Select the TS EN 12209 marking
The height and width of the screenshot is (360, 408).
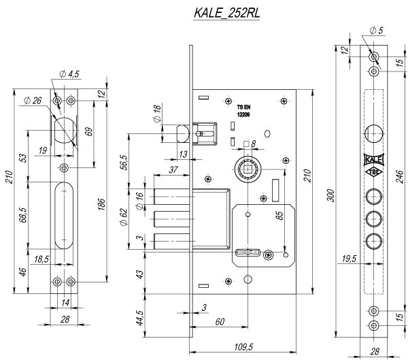(244, 111)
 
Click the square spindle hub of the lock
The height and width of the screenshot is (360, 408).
(248, 168)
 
